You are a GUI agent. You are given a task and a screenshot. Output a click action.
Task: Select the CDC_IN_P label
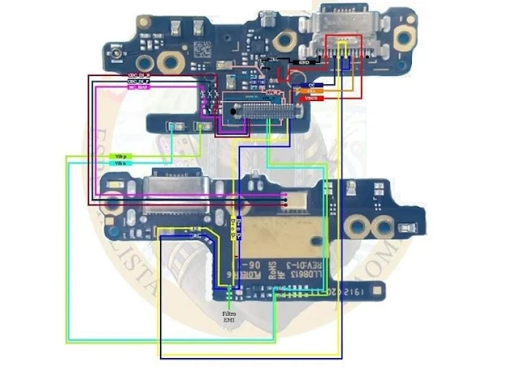click(139, 82)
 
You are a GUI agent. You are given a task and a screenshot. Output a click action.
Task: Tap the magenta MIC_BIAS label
click(139, 88)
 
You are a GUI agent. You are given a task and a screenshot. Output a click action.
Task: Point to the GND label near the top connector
click(306, 61)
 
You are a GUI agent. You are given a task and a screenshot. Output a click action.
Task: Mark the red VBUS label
click(311, 99)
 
